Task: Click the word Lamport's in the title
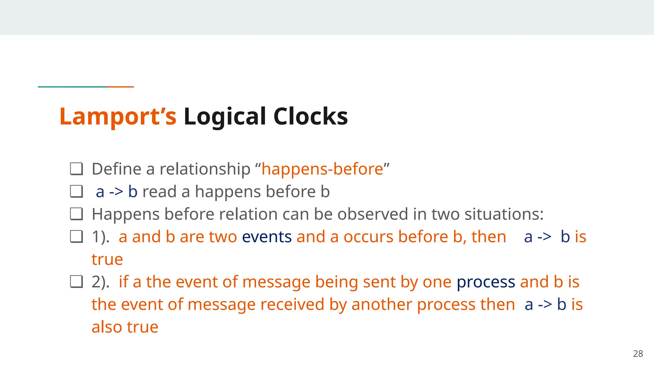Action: (118, 117)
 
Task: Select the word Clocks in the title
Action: (310, 117)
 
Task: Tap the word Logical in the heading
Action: (225, 117)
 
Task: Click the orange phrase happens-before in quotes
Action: (322, 169)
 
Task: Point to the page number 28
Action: (638, 354)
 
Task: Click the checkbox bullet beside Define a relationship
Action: (76, 169)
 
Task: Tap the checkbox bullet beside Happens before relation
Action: (76, 214)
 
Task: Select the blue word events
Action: (267, 237)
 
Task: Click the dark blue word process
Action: (486, 282)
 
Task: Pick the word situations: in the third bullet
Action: (504, 214)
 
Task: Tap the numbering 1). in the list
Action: (101, 237)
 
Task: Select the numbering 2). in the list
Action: (101, 282)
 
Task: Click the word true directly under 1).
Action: (107, 259)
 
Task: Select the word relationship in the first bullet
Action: (205, 169)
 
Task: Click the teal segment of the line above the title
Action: (72, 87)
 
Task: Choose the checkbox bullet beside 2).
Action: (76, 282)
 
